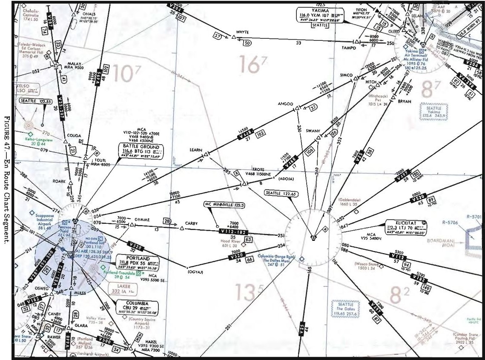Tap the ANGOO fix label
coord(285,103)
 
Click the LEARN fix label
coord(196,150)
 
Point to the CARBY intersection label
coord(192,223)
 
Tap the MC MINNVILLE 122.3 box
coord(225,205)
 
